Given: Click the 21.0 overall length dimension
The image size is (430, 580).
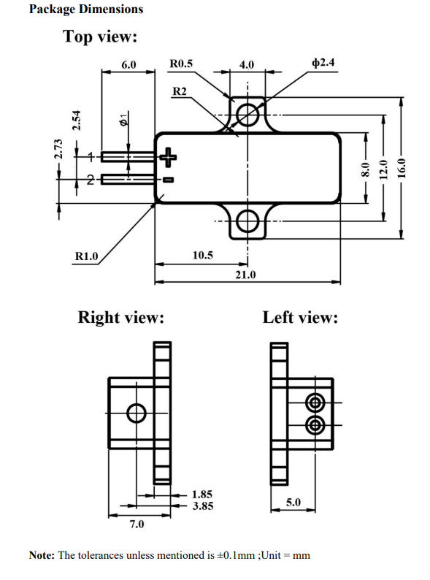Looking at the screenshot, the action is pos(245,275).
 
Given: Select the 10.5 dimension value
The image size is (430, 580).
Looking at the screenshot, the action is pos(203,255).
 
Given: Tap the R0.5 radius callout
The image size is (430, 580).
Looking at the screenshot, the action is pos(181,64).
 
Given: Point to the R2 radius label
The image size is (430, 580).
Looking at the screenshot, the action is pos(180,91).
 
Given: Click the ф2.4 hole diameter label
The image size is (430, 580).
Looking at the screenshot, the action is pos(323,62).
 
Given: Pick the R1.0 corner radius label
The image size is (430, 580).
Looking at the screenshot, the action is pos(87,256).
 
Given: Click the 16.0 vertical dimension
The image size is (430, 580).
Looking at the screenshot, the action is pos(402,168).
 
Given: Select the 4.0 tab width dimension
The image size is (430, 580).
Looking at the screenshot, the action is pos(247,65).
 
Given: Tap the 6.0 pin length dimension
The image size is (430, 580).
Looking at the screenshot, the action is pos(128,65).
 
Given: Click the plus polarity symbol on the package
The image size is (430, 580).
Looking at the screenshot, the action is pos(168,157).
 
